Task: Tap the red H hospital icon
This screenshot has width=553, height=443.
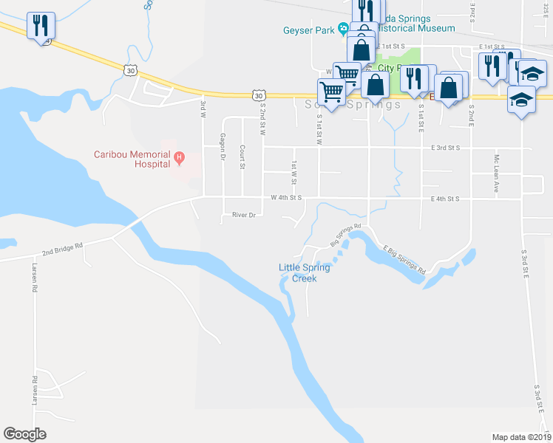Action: [178, 157]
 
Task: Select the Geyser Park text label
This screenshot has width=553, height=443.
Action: [308, 30]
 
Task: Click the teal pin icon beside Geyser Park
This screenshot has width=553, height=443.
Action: [343, 30]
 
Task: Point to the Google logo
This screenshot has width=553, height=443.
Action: [25, 433]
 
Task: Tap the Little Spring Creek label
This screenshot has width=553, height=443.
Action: [304, 272]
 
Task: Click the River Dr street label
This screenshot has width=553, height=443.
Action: [243, 215]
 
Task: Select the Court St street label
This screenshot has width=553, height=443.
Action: [242, 157]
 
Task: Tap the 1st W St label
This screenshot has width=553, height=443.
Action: [294, 174]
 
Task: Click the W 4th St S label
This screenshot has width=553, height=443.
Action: [287, 198]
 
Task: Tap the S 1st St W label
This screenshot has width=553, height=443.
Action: [319, 127]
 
